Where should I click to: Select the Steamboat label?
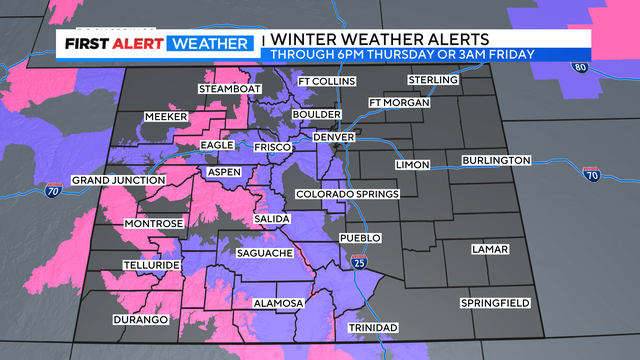pos(229,89)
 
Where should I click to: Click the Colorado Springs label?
pos(347,193)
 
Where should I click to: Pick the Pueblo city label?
pos(361,238)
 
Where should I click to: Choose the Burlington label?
pos(496,161)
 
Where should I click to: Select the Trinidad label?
pos(372,328)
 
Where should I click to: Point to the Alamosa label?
pos(279,302)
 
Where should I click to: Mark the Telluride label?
pos(152,265)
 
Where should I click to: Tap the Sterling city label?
pos(433,79)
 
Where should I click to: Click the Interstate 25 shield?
pos(360,262)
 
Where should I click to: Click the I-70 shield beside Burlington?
pos(591,175)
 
